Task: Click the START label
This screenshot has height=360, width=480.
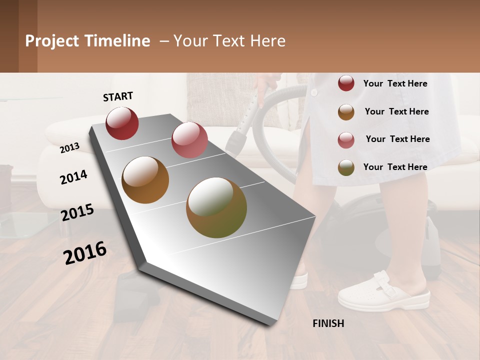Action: click(118, 96)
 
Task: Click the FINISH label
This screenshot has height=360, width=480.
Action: click(328, 323)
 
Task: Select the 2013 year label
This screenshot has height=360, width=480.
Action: click(70, 147)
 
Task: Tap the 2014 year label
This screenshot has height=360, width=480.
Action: click(73, 177)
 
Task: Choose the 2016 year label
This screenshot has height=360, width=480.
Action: click(85, 252)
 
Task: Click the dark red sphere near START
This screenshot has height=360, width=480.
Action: click(122, 123)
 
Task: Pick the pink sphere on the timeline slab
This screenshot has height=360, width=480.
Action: click(189, 139)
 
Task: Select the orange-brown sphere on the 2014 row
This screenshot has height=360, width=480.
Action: click(145, 180)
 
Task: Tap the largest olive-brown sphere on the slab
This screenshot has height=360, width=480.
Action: click(216, 207)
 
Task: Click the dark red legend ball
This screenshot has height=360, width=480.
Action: click(346, 83)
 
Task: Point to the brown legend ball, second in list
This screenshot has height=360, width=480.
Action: click(346, 112)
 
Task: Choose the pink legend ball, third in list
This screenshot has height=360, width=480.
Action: click(346, 140)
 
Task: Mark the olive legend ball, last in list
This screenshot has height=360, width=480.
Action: click(346, 167)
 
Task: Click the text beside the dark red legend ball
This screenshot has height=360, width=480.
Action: click(395, 83)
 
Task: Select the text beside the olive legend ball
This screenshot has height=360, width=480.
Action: click(395, 167)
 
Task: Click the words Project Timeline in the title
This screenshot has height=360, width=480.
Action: click(87, 41)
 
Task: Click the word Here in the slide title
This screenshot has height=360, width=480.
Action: click(267, 41)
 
